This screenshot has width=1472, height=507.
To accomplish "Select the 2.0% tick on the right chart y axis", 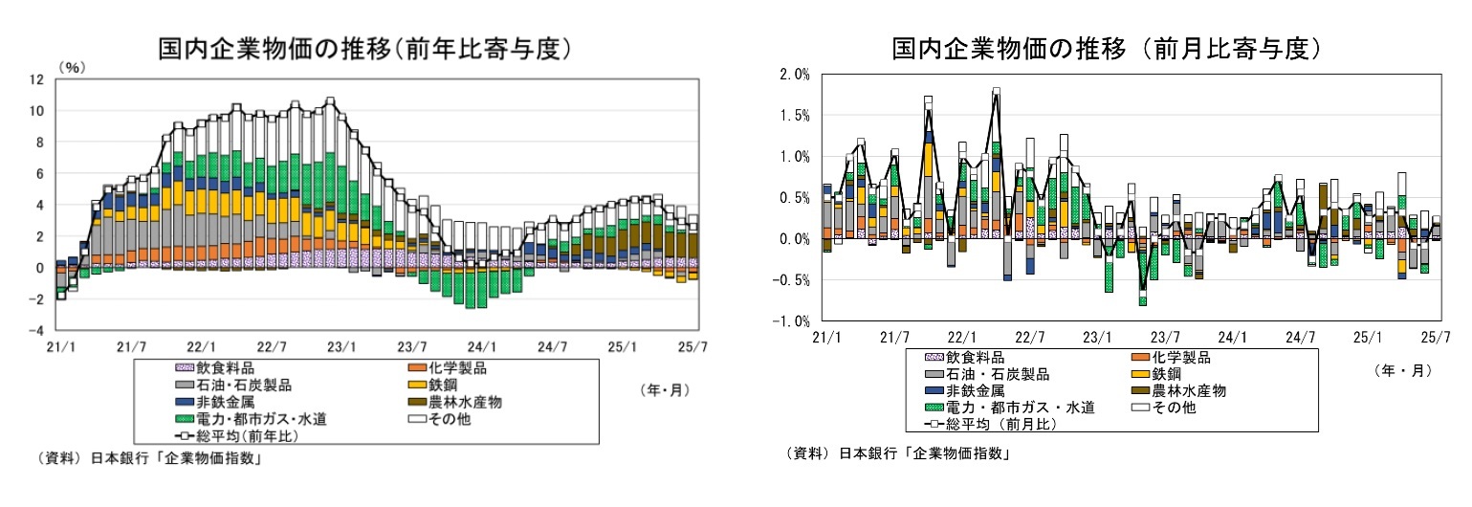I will point(796,74).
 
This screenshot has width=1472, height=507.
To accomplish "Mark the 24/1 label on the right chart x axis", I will point(1233,338).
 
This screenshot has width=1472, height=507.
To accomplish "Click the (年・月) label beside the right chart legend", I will point(1402,370).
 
